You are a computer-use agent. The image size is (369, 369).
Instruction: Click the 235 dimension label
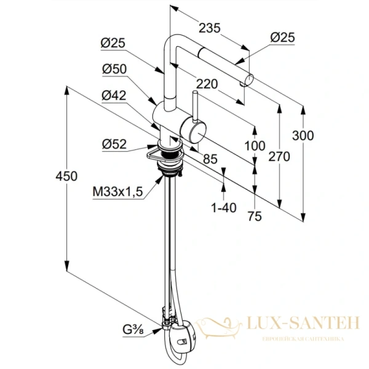click(x=210, y=28)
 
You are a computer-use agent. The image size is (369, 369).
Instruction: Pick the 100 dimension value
click(x=255, y=146)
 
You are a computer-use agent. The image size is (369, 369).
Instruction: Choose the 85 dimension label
click(x=210, y=159)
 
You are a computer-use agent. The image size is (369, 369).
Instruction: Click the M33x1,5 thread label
click(x=118, y=192)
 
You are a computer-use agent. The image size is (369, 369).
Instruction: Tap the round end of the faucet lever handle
click(x=196, y=131)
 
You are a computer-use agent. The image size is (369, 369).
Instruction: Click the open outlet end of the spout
click(x=249, y=79)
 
